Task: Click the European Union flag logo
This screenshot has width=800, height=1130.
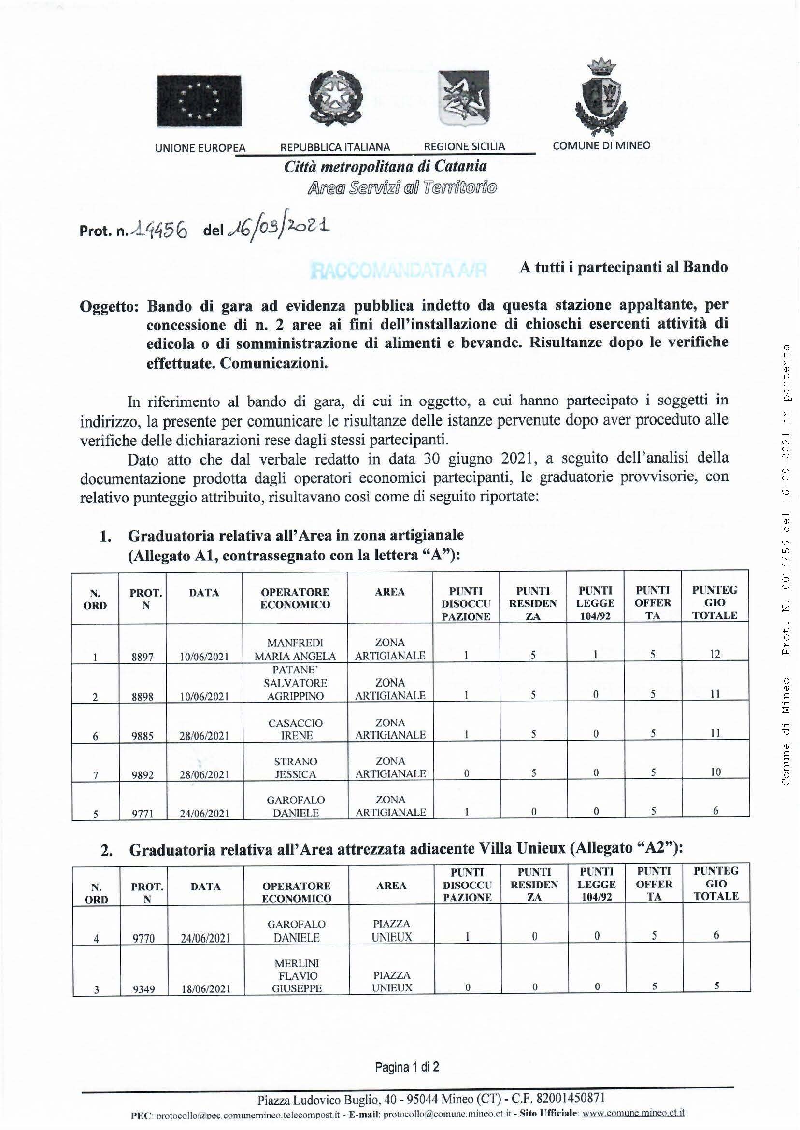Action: click(199, 101)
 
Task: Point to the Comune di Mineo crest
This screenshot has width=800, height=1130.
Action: click(601, 97)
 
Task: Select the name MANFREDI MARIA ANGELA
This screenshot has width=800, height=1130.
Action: click(295, 649)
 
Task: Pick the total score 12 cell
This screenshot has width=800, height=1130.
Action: click(715, 654)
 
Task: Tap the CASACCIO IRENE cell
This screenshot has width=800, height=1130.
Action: click(295, 729)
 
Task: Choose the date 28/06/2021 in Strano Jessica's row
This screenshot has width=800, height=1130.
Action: click(204, 775)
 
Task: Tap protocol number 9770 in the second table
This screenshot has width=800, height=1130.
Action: click(143, 938)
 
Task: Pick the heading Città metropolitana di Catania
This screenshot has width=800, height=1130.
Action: click(385, 167)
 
